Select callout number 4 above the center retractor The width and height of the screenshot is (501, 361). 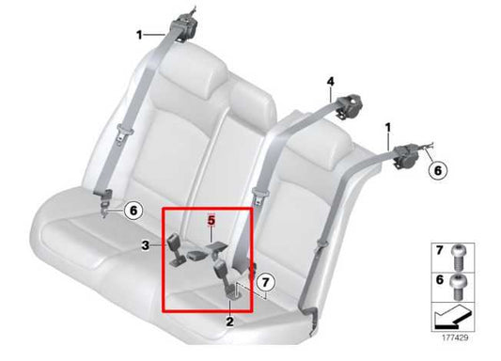(331, 83)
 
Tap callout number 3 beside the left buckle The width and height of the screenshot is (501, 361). (145, 246)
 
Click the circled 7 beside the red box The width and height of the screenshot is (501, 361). (266, 280)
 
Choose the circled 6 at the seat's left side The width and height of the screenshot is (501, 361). (133, 211)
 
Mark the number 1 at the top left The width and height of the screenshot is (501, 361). (139, 35)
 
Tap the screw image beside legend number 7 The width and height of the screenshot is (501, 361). (460, 250)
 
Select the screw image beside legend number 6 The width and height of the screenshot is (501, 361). (460, 279)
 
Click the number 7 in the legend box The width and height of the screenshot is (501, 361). (437, 249)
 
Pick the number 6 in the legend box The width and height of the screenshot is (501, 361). (437, 279)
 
